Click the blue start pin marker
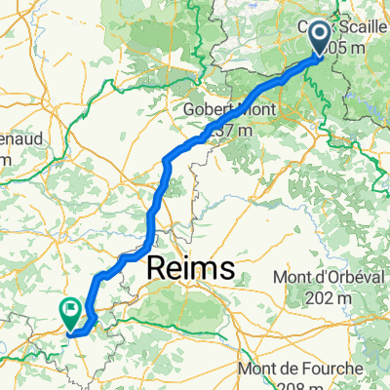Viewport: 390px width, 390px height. pos(321,38)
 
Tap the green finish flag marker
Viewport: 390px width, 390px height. pos(71,312)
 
